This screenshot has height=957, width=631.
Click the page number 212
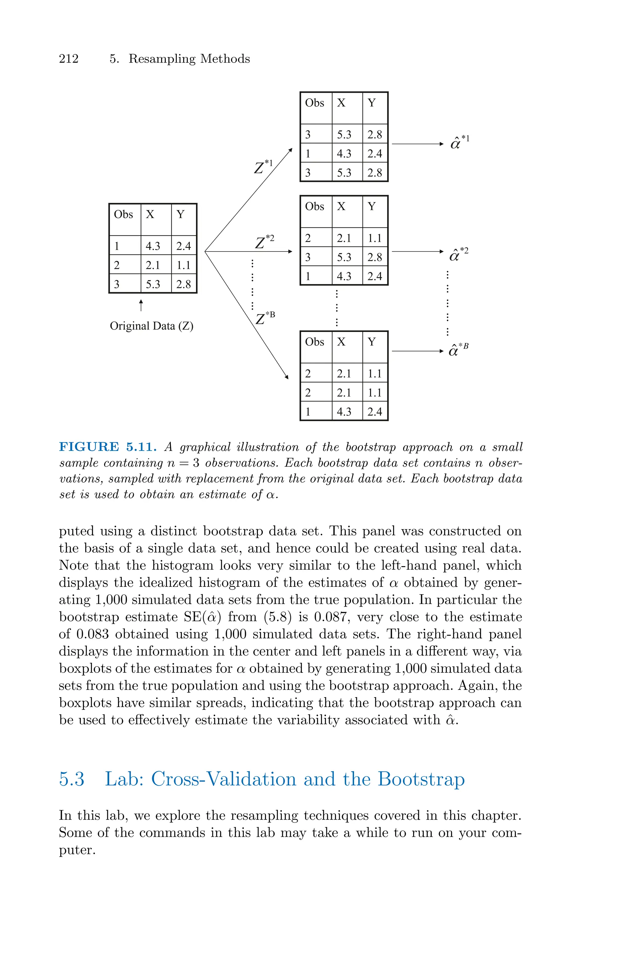pyautogui.click(x=69, y=59)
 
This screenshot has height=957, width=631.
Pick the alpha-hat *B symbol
pyautogui.click(x=458, y=350)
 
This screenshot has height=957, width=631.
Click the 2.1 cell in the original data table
pyautogui.click(x=153, y=265)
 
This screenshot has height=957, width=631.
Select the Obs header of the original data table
pyautogui.click(x=123, y=215)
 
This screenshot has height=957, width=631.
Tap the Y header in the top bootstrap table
pyautogui.click(x=372, y=103)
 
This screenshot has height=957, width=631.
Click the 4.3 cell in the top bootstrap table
pyautogui.click(x=344, y=153)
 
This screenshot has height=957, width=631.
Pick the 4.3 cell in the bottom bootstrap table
pyautogui.click(x=344, y=412)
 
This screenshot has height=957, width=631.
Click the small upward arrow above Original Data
pyautogui.click(x=141, y=305)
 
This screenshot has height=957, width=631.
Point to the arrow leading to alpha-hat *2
pyautogui.click(x=417, y=252)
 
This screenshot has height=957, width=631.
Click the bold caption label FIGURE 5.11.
pyautogui.click(x=108, y=447)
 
